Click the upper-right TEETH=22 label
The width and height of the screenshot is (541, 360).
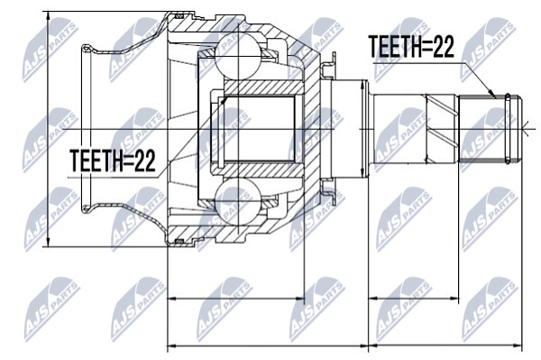tap(411, 47)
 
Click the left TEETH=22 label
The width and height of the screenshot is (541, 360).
tap(113, 161)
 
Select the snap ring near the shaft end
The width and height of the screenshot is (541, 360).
tap(508, 128)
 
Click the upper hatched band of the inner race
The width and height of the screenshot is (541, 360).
tap(264, 88)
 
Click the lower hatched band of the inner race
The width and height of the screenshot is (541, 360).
tap(264, 171)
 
